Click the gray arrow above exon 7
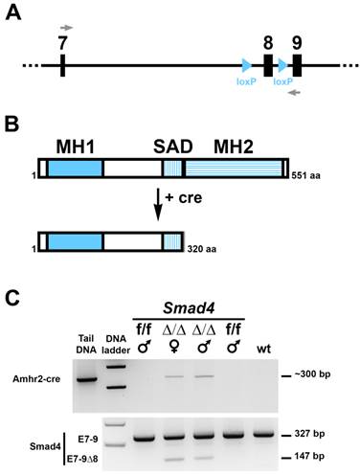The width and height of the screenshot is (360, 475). pyautogui.click(x=64, y=28)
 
